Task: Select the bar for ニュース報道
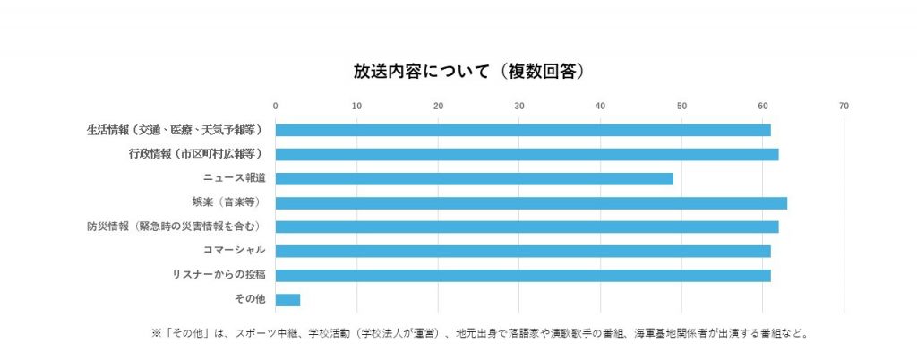(x=474, y=178)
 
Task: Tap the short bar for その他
(x=287, y=299)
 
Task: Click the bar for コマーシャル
(x=523, y=251)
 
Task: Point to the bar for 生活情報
(x=523, y=130)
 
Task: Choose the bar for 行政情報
(x=527, y=154)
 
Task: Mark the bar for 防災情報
(x=527, y=227)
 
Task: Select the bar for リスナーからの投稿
(x=523, y=275)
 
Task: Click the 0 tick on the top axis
(x=276, y=107)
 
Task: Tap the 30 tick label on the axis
(x=519, y=107)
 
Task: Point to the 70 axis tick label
(x=844, y=107)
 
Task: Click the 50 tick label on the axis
(x=681, y=107)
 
